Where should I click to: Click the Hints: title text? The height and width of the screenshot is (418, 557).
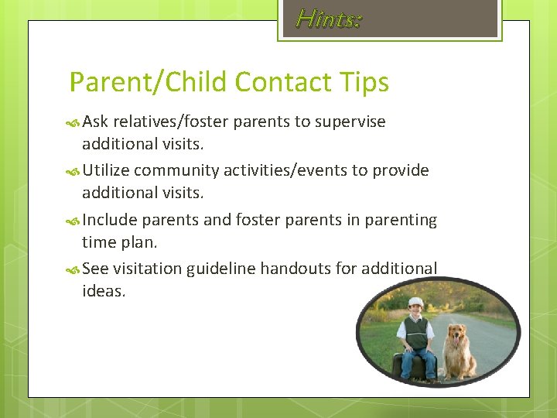(x=329, y=19)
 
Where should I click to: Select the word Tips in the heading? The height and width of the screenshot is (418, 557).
(x=364, y=82)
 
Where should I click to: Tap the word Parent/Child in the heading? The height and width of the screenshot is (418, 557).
(x=148, y=82)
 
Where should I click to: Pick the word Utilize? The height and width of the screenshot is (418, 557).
(x=108, y=170)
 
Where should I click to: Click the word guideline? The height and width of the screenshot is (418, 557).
(x=222, y=269)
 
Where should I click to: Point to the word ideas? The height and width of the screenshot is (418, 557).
(x=103, y=292)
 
